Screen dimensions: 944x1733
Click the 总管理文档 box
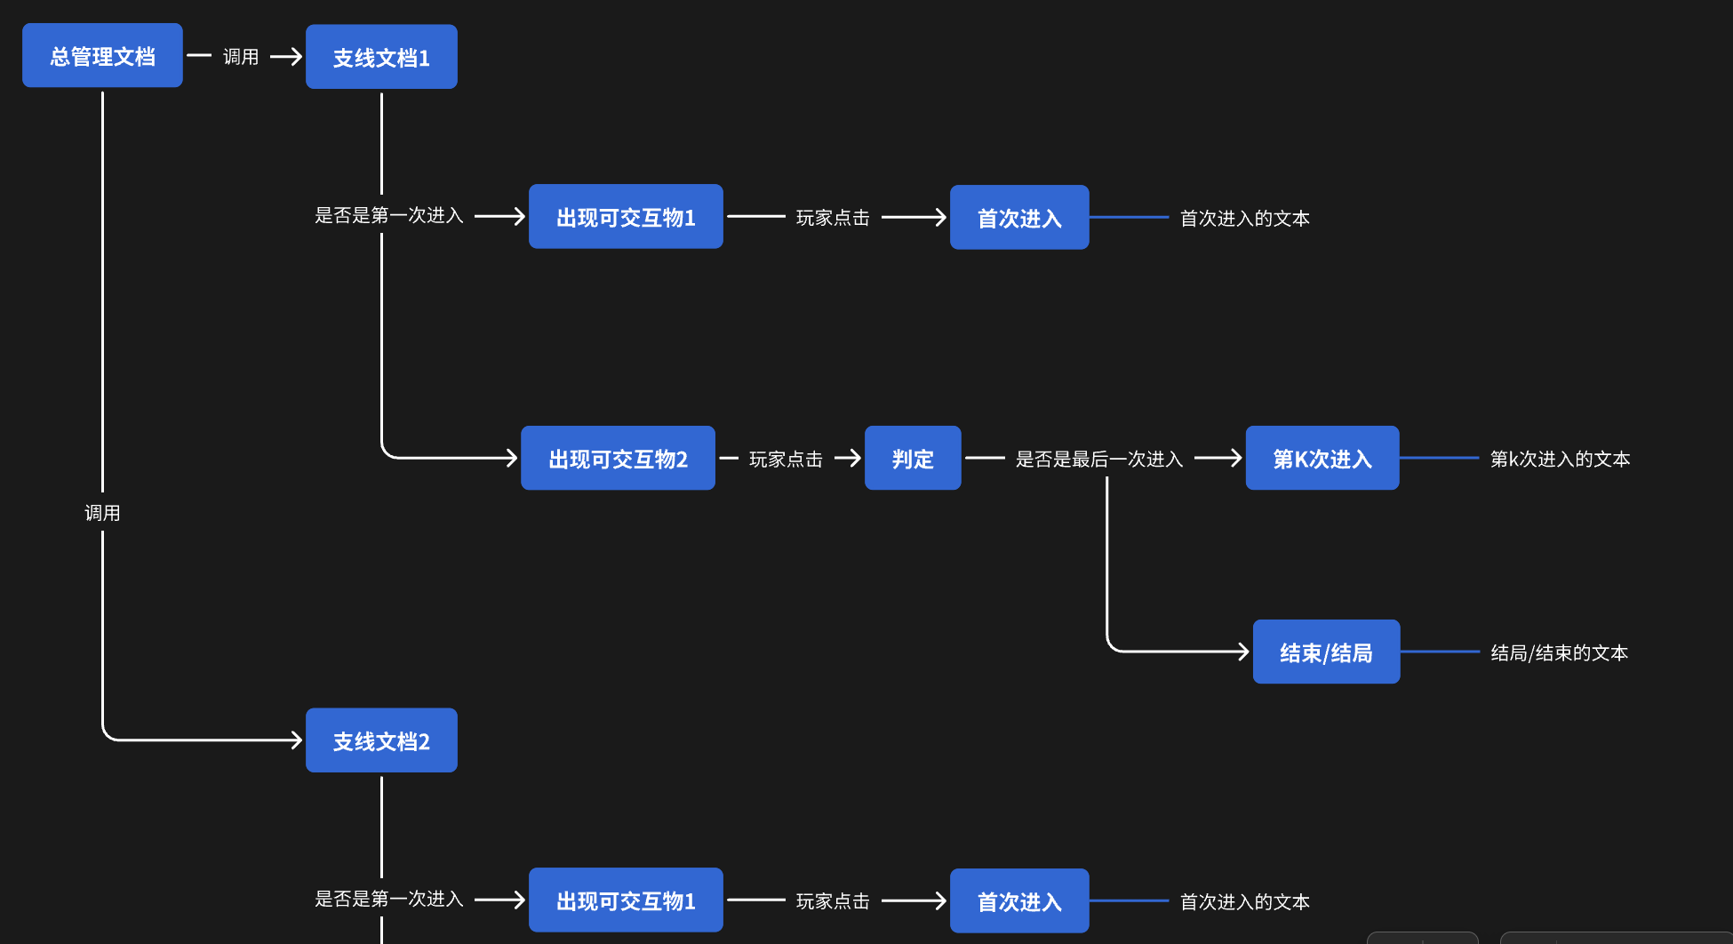click(x=102, y=56)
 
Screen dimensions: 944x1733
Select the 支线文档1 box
click(x=381, y=57)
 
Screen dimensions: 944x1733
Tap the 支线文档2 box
click(x=381, y=740)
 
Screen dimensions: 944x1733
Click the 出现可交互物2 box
click(x=618, y=459)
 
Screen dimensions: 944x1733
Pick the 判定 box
click(x=913, y=459)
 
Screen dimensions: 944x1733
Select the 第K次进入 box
click(x=1322, y=459)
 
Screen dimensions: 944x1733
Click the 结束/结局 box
click(x=1326, y=652)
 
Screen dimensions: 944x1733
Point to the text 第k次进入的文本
click(x=1560, y=459)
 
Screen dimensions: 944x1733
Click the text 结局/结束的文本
click(x=1559, y=652)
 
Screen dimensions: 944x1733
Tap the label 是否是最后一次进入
click(x=1098, y=459)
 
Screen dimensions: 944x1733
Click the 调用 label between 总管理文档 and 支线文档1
click(x=240, y=57)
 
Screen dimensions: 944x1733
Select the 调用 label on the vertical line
click(x=102, y=513)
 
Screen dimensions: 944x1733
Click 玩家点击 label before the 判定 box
click(x=786, y=459)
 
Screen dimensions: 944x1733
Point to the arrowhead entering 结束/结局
click(x=1244, y=652)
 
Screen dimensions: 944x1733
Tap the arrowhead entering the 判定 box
click(x=856, y=458)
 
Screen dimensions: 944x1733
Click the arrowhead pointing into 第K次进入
click(x=1236, y=458)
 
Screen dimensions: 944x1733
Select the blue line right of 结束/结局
click(x=1440, y=652)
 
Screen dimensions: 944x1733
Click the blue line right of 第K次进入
click(x=1439, y=458)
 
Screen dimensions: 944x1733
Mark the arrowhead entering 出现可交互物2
click(x=512, y=458)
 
